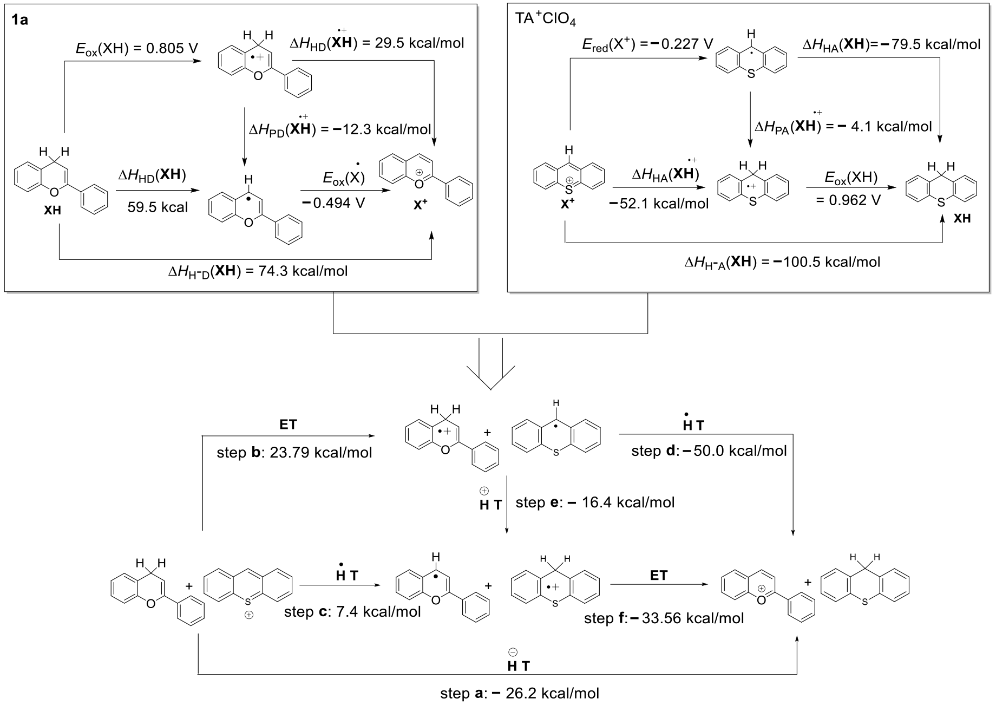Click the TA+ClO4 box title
[x=546, y=20]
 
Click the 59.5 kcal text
[x=158, y=207]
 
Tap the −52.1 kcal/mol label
[x=659, y=204]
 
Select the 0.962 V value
[x=848, y=200]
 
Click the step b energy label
[x=294, y=452]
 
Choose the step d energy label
[x=709, y=451]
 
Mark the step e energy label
[x=595, y=502]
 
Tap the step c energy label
[x=352, y=612]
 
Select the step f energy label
[x=664, y=618]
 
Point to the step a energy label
[x=520, y=693]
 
